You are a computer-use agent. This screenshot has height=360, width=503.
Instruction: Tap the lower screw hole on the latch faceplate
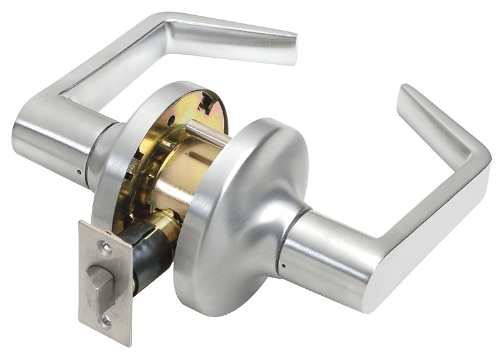click(105, 318)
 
